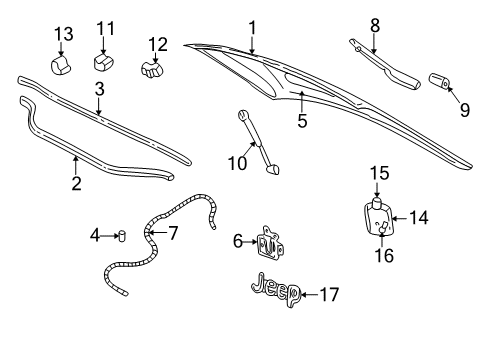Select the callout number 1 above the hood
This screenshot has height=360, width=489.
(x=252, y=28)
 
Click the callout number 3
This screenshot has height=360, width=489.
(x=99, y=89)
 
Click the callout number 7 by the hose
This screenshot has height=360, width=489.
(x=173, y=235)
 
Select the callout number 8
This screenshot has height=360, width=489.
(x=374, y=25)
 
